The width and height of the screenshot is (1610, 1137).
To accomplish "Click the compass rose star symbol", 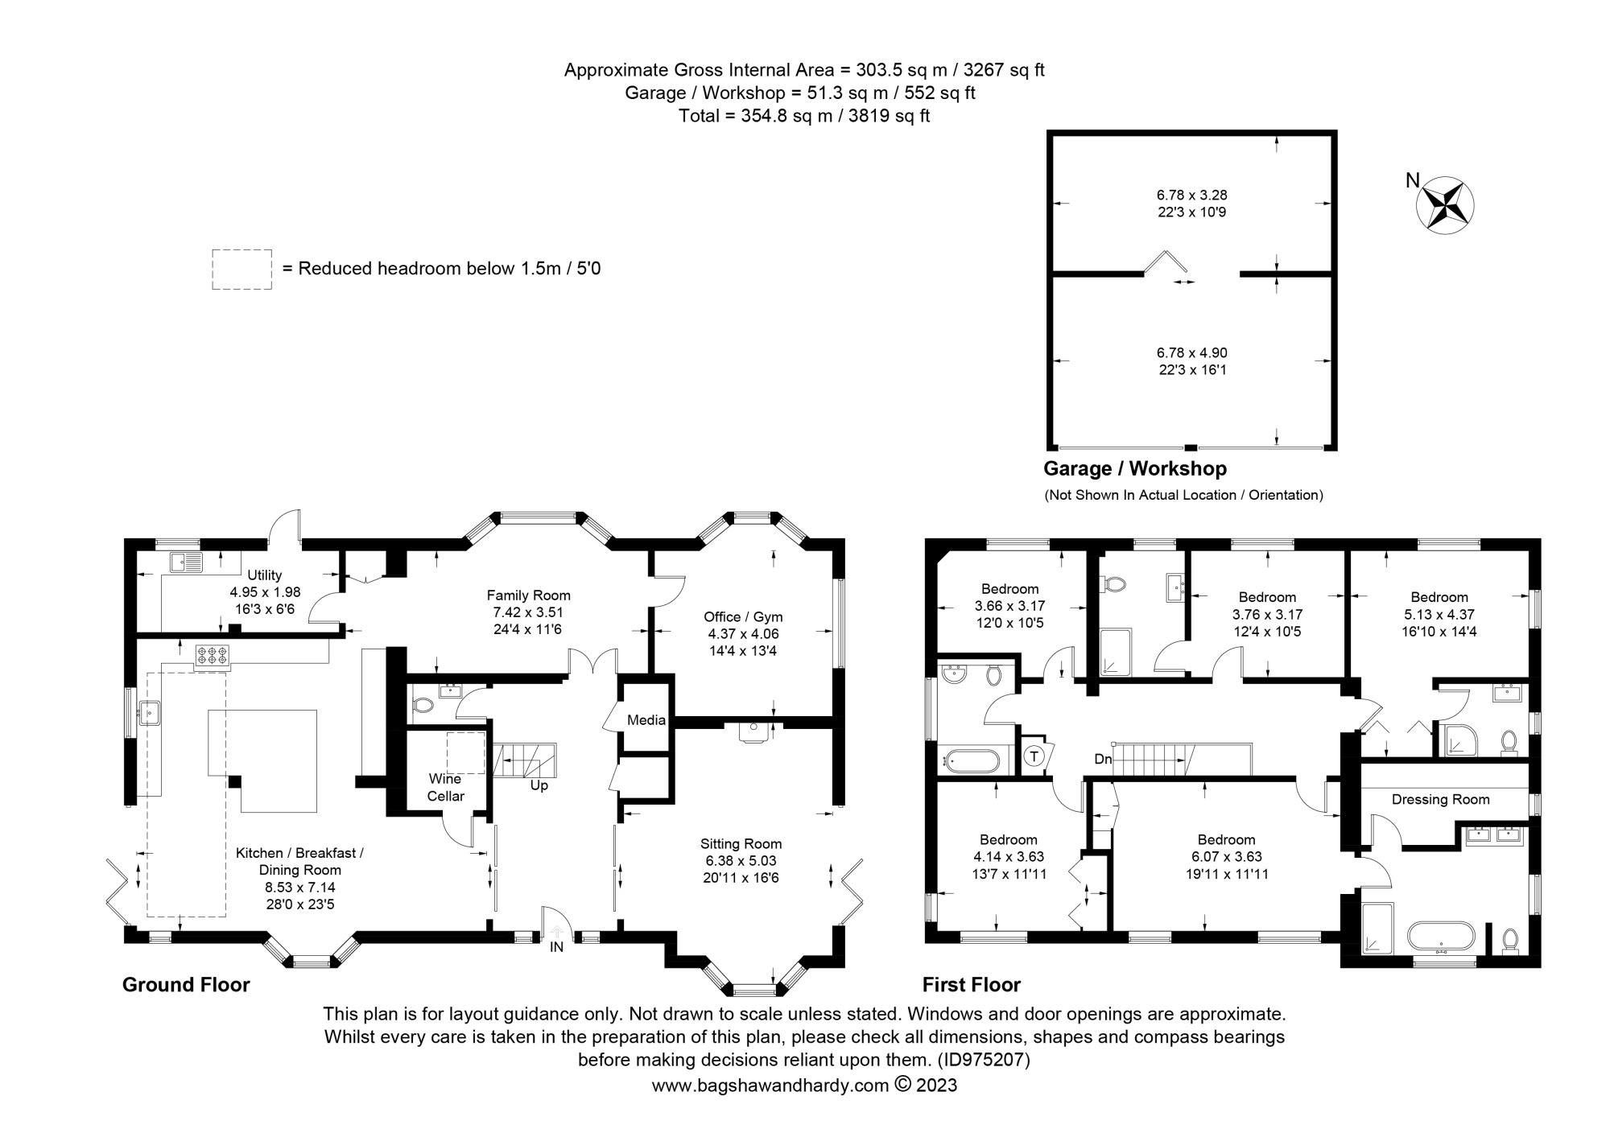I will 1445,205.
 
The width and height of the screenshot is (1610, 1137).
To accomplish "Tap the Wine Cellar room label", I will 445,787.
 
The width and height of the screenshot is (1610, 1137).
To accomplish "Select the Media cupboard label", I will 646,719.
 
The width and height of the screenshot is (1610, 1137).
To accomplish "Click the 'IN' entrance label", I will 556,947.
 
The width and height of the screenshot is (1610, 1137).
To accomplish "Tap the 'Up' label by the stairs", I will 539,785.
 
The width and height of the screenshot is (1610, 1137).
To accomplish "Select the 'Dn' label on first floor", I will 1103,759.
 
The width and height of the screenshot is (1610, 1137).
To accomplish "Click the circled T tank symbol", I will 1034,756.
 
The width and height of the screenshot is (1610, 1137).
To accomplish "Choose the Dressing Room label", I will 1440,799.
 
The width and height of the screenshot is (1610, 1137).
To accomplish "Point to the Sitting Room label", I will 741,843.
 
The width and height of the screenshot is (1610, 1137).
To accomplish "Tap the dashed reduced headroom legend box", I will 242,269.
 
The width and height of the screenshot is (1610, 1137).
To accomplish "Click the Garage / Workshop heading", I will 1134,468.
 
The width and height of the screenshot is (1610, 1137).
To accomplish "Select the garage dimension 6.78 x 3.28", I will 1191,195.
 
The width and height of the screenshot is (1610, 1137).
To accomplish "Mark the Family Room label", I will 528,595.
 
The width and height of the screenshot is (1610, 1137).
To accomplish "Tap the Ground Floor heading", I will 186,984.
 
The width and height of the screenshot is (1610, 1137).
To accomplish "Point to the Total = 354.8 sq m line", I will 803,115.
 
